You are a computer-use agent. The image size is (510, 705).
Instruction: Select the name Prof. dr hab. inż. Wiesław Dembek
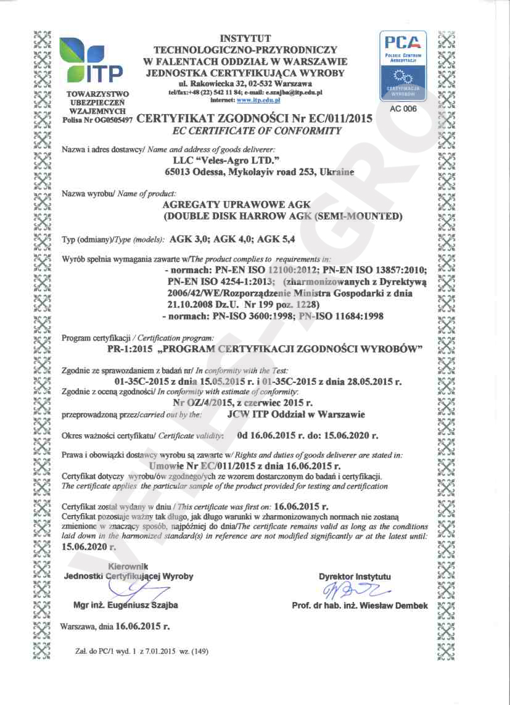point(360,606)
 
